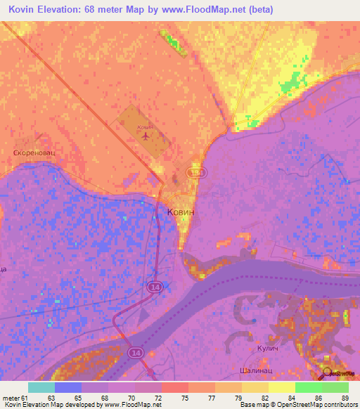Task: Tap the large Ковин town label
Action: [x=181, y=211]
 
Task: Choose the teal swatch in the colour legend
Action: [x=41, y=387]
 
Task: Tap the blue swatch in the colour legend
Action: [x=67, y=387]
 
